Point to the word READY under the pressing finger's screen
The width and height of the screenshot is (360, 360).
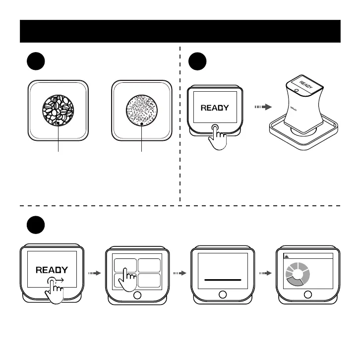[x=215, y=107]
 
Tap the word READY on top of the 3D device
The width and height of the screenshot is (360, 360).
[x=306, y=84]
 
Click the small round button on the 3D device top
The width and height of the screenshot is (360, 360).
[x=296, y=91]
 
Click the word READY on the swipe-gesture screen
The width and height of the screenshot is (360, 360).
[x=52, y=270]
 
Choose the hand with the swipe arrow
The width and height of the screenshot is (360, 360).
[x=54, y=291]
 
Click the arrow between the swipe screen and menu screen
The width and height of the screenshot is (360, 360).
[x=94, y=273]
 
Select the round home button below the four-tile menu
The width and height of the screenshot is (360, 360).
[x=137, y=295]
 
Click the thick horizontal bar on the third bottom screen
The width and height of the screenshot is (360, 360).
[x=223, y=280]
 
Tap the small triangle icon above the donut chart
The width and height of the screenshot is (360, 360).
[x=286, y=256]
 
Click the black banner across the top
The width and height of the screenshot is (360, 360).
[x=180, y=31]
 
